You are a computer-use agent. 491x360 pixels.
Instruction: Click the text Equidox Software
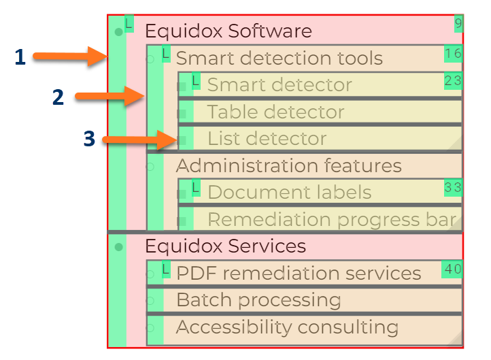[228, 31]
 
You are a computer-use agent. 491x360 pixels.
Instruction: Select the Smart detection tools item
[279, 59]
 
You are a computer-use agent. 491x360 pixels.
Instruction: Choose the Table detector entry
[275, 112]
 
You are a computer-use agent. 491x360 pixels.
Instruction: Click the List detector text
[267, 139]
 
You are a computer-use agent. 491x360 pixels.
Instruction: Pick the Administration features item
[288, 165]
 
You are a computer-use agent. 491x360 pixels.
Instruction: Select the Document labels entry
[289, 193]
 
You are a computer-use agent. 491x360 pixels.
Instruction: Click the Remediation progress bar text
[331, 220]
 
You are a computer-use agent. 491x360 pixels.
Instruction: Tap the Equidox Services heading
[225, 246]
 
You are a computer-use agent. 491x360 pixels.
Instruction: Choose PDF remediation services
[299, 274]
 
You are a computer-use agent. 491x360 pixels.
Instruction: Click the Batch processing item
[258, 300]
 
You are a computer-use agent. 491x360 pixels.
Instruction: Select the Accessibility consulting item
[287, 327]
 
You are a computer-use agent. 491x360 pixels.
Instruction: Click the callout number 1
[20, 58]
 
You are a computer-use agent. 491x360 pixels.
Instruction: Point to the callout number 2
[58, 98]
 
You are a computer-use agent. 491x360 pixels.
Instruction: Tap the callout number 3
[89, 139]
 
